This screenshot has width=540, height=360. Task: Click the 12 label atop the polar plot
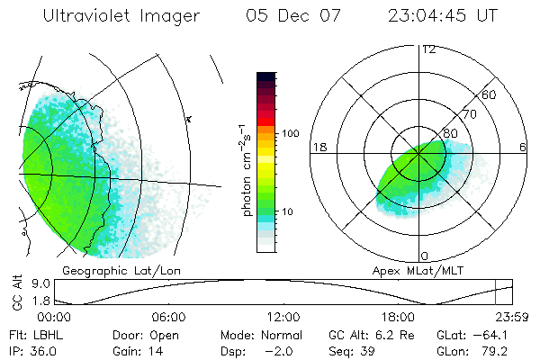click(428, 49)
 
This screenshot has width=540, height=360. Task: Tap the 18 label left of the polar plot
click(318, 147)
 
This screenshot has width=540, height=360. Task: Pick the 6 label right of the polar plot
click(523, 147)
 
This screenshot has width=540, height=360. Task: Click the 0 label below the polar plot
click(424, 256)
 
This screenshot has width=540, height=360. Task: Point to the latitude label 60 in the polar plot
click(490, 94)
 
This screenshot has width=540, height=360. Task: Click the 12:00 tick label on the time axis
click(283, 317)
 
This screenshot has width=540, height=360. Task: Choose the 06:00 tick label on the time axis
click(169, 317)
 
